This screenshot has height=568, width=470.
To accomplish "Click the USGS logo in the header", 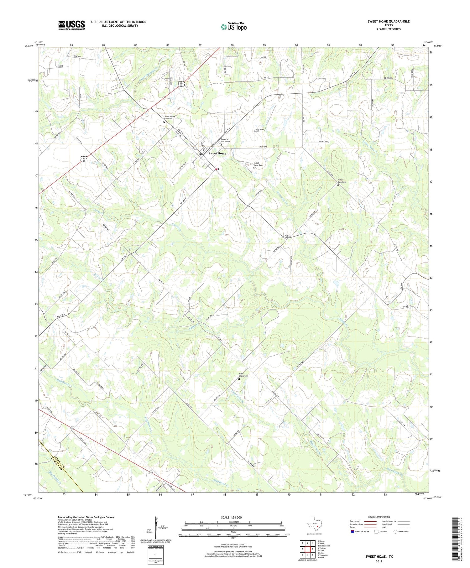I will [x=71, y=25].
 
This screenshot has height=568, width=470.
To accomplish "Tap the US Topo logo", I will [x=234, y=27].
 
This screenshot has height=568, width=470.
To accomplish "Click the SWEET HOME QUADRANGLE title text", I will [x=389, y=21].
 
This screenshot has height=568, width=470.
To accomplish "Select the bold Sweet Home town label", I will [x=217, y=154].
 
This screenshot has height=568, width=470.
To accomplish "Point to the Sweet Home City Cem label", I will [x=170, y=117].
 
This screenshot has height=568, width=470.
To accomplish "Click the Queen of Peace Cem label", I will [x=225, y=140].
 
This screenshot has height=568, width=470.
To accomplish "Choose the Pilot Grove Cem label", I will [x=243, y=375].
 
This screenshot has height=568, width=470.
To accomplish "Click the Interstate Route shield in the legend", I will [x=352, y=531].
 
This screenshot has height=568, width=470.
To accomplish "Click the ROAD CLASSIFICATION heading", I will [x=379, y=517].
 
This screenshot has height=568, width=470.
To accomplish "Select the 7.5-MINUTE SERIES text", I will [x=389, y=29].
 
